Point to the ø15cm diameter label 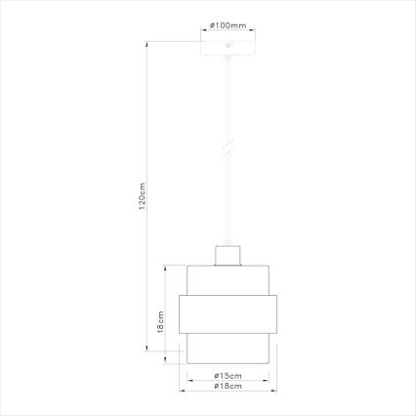click(227, 376)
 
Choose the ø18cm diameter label click(227, 388)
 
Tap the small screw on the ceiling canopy click(228, 46)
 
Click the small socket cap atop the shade click(227, 255)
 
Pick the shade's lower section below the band click(227, 349)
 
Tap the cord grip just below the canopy click(228, 62)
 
